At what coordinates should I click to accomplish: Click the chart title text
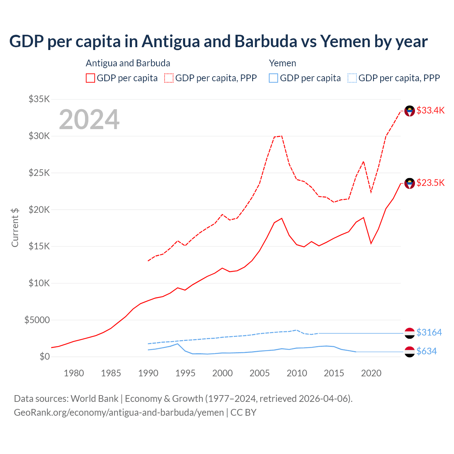218,41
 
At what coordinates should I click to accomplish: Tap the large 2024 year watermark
89,120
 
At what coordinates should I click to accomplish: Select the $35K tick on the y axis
39,99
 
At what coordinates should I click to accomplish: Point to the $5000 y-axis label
37,320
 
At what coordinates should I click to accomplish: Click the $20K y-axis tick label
39,210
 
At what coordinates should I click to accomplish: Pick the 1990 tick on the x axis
148,373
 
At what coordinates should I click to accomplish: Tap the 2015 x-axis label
334,373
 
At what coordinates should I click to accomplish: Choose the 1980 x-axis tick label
74,373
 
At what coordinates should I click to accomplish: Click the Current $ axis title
15,227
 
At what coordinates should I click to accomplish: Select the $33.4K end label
430,110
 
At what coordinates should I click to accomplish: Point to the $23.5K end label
430,183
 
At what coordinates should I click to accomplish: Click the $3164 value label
429,332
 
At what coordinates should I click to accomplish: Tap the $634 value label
426,351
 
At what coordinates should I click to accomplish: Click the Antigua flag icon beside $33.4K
410,111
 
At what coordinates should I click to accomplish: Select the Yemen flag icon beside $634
410,352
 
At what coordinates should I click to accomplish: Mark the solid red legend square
90,78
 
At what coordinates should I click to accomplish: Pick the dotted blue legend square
352,78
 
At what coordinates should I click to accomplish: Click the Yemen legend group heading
282,63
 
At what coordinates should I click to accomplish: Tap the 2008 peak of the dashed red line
282,136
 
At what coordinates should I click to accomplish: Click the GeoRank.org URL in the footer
119,413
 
